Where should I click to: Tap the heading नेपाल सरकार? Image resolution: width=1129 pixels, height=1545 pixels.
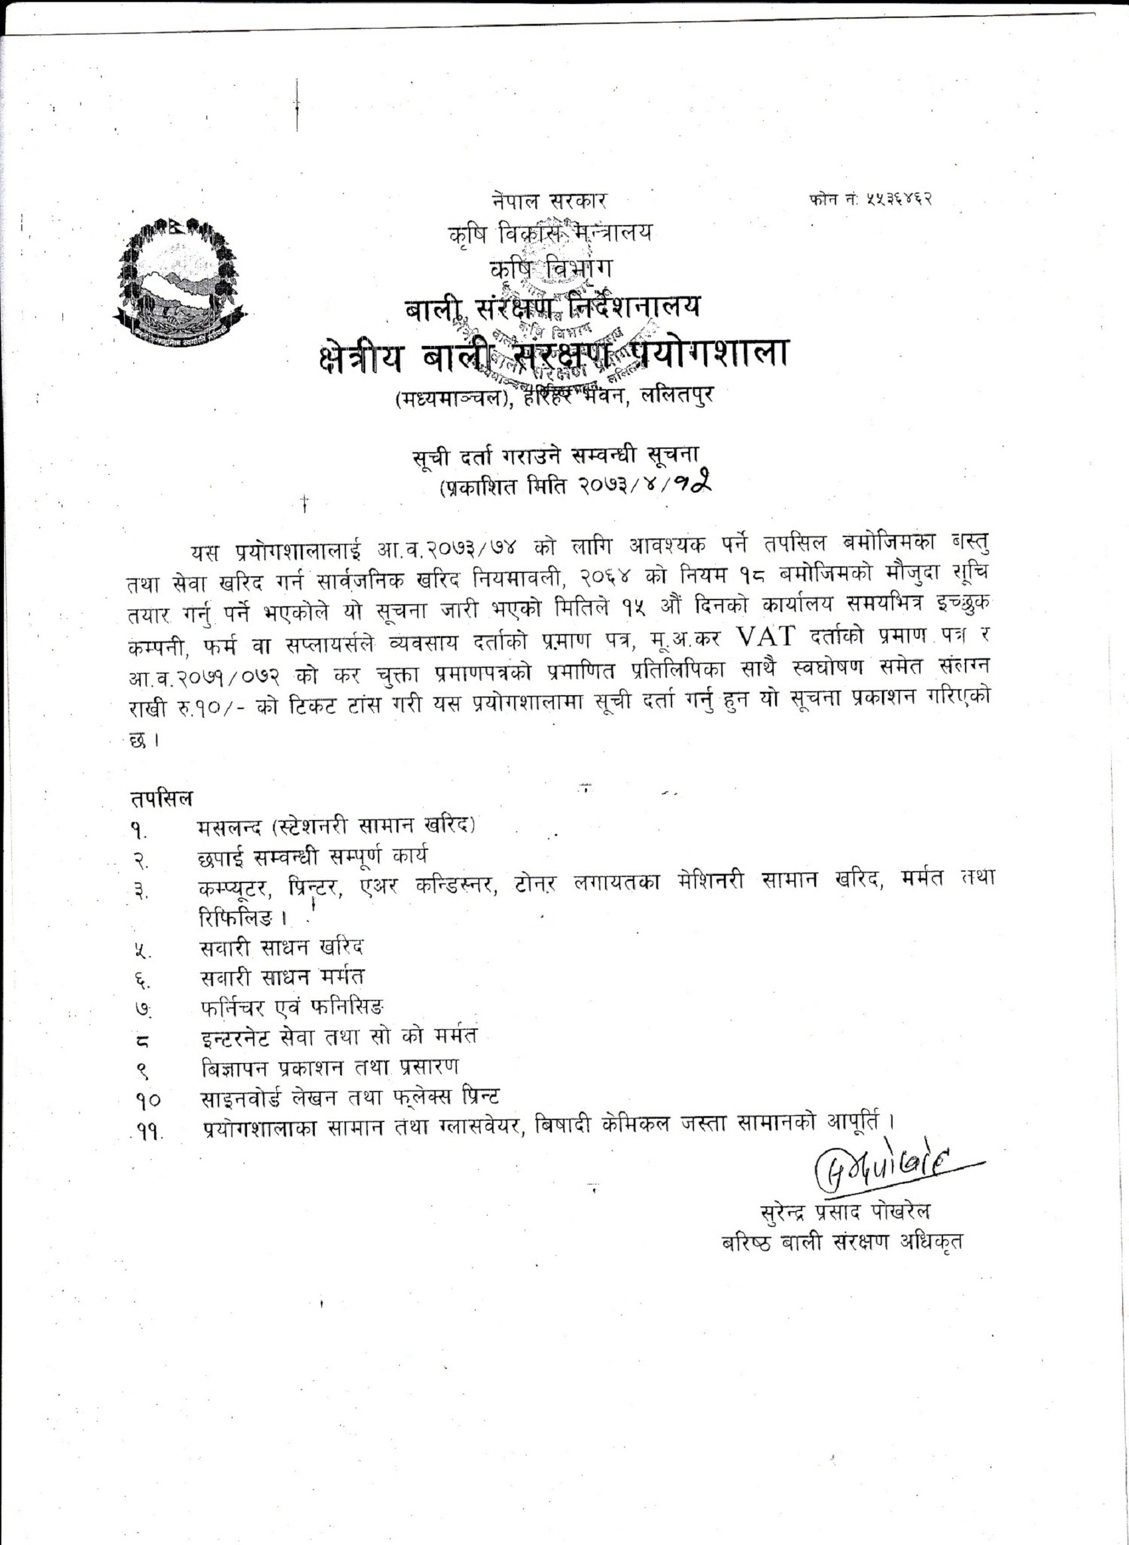549,202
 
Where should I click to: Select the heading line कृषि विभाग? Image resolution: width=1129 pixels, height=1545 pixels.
551,268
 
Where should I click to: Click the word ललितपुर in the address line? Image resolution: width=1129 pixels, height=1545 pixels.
674,395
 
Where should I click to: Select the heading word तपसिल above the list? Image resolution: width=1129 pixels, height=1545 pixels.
161,798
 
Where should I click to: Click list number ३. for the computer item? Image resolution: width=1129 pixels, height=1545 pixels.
141,890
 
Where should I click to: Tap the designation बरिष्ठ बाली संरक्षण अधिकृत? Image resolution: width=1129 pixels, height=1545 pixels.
842,1241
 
